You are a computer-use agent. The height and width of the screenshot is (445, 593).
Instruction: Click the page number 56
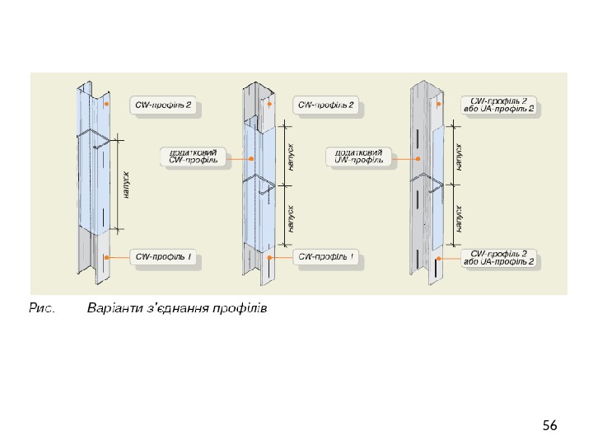tap(550, 425)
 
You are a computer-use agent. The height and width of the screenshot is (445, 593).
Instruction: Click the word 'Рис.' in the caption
tap(42, 309)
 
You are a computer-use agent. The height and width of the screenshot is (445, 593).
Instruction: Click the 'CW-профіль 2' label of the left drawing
tap(164, 105)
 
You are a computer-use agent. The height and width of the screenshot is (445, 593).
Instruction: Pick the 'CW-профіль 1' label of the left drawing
tap(164, 257)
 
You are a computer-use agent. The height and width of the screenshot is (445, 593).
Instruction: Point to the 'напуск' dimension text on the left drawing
tap(126, 183)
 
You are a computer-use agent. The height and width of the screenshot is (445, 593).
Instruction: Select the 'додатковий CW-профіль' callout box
tap(193, 156)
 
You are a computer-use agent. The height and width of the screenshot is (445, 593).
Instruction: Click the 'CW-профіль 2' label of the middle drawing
tap(325, 105)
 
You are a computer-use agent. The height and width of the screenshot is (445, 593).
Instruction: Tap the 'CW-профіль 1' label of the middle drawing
tap(326, 257)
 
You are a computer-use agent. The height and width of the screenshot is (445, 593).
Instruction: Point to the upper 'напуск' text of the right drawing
tap(460, 154)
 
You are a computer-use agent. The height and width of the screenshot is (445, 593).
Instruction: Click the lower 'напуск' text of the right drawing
tap(460, 218)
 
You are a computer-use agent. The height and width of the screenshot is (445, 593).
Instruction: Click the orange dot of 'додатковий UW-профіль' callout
tap(419, 158)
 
